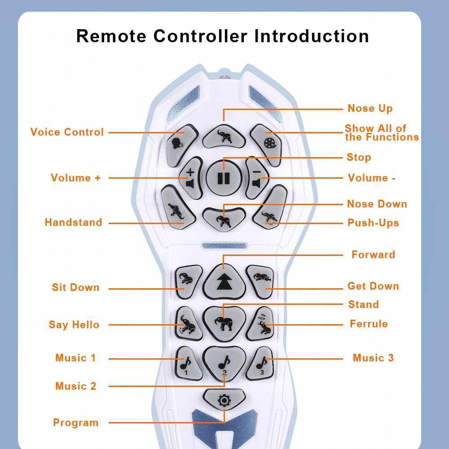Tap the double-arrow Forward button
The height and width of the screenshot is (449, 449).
223,281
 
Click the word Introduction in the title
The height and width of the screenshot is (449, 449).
312,36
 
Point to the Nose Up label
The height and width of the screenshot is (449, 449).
370,108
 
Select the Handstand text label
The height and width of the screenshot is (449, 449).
73,222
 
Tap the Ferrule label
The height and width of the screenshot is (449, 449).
369,324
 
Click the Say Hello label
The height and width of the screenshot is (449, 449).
74,325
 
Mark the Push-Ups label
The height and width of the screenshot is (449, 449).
373,223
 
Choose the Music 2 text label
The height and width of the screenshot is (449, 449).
75,386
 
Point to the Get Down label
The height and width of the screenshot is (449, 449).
373,286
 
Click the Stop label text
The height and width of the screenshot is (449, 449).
359,157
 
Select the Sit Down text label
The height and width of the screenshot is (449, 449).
75,287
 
